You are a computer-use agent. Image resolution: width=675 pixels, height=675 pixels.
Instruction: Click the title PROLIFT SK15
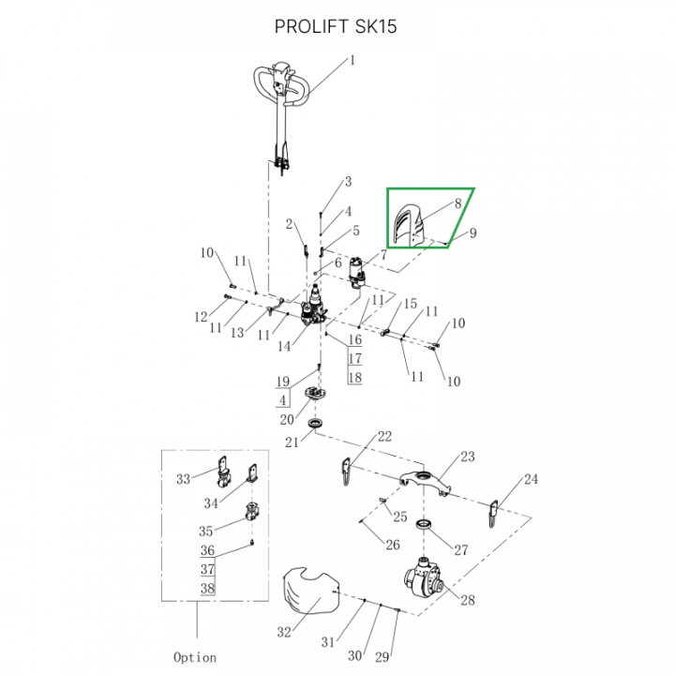[336, 26]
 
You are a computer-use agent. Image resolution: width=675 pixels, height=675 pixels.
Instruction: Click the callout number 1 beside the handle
[352, 61]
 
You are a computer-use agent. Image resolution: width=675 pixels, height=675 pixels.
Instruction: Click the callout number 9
[473, 232]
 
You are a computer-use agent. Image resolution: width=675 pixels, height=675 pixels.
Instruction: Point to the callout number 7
[382, 255]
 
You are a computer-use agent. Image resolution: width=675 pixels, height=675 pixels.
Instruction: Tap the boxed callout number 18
[354, 378]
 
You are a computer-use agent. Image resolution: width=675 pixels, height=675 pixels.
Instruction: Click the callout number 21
[293, 442]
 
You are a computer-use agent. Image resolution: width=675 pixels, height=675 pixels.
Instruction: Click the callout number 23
[467, 457]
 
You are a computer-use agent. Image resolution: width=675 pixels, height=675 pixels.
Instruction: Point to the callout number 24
[532, 479]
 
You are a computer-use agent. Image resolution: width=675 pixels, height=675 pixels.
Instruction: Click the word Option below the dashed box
[195, 656]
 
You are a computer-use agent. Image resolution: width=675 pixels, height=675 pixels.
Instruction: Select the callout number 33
[184, 479]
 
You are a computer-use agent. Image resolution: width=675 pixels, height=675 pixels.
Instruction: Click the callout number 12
[200, 316]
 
